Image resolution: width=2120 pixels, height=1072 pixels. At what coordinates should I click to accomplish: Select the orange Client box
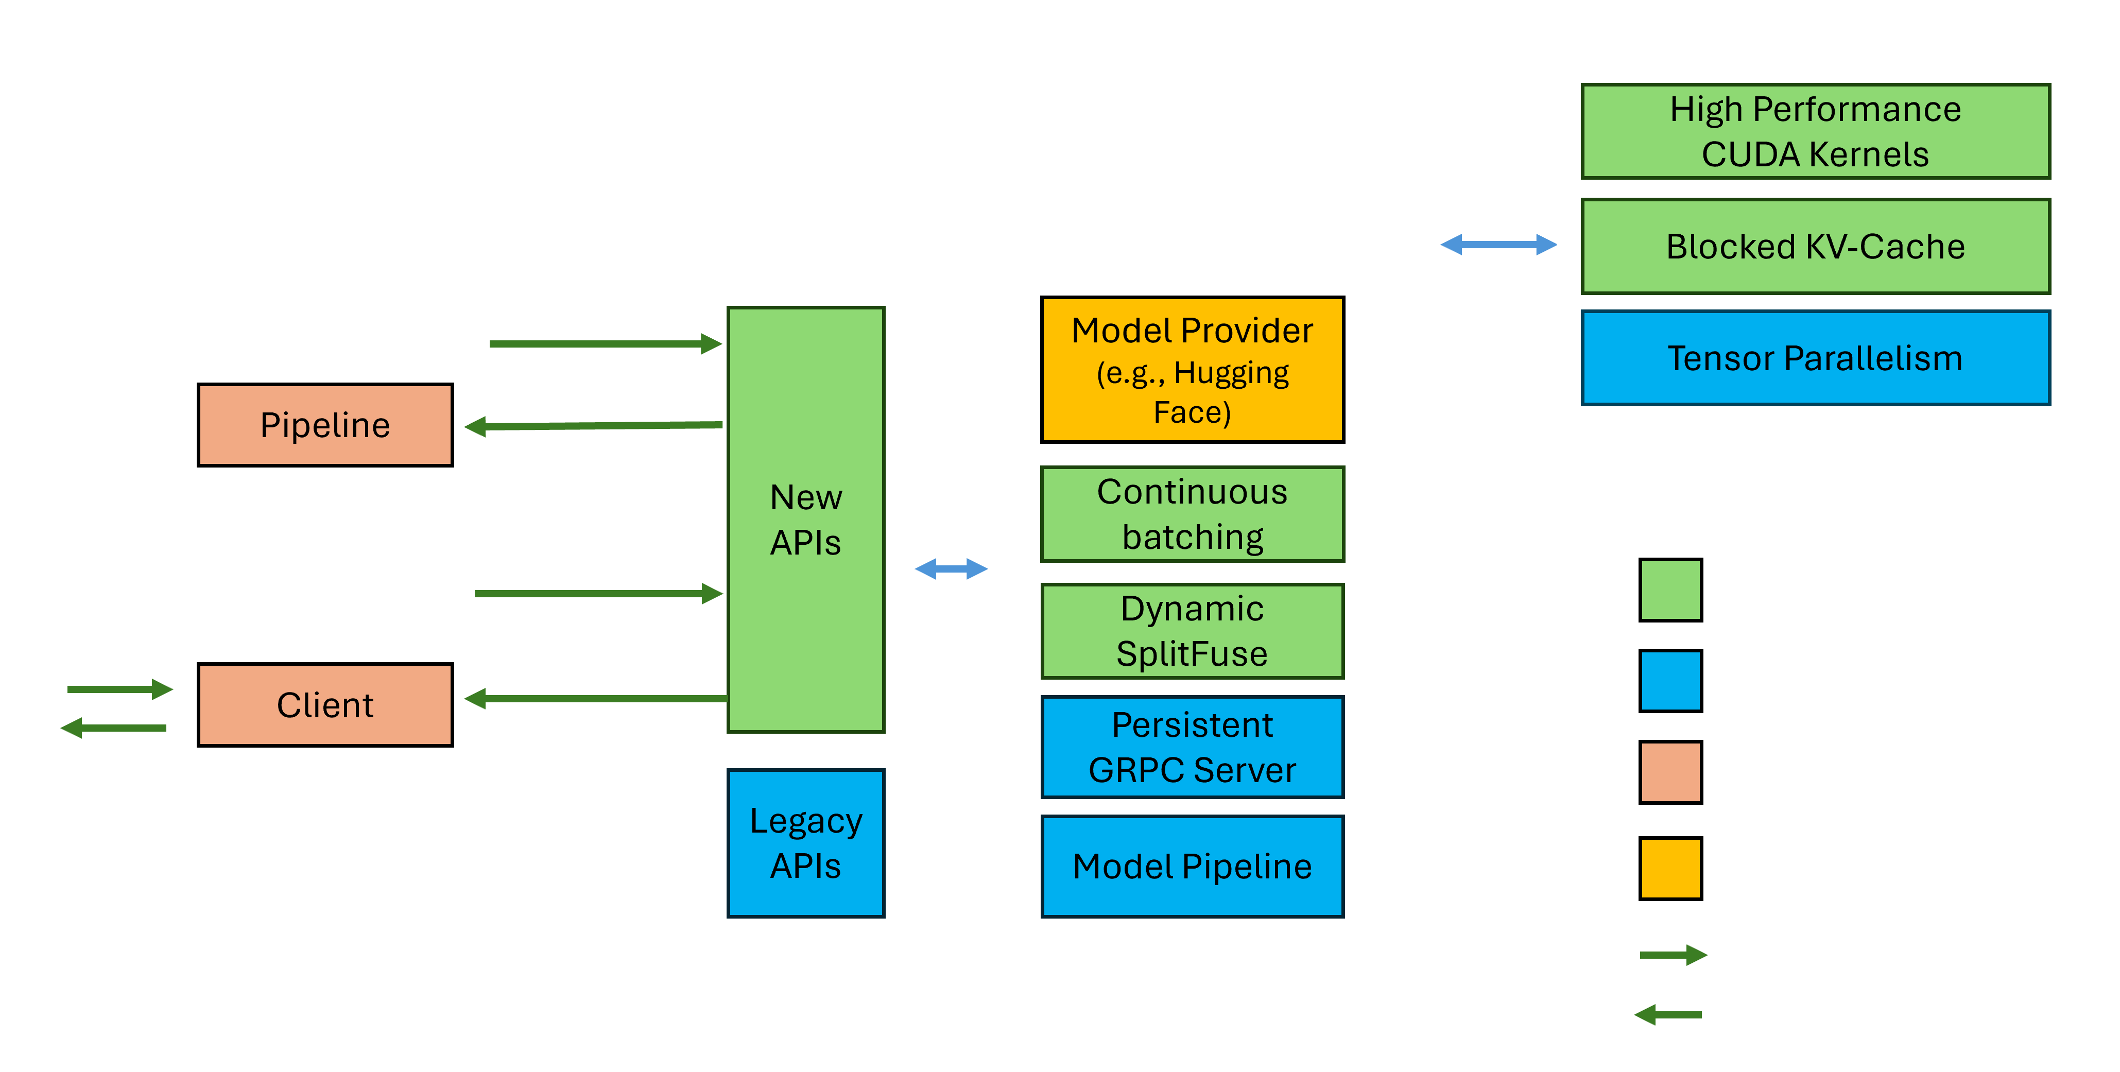[325, 704]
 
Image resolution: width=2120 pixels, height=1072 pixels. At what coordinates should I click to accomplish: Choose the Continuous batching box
[1192, 514]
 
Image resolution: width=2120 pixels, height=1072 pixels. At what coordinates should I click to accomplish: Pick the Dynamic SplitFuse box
[1192, 631]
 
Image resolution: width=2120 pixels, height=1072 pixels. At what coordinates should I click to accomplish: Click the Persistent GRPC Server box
[1192, 747]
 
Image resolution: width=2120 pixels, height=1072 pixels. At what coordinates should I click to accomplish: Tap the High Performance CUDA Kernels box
[1815, 132]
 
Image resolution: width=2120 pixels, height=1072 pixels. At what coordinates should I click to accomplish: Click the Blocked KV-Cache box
[1815, 246]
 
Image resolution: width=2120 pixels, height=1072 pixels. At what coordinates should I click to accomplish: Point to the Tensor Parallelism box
[1815, 358]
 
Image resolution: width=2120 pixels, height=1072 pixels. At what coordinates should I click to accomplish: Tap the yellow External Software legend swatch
[1670, 868]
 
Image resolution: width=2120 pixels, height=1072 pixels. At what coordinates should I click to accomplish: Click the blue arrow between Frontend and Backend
[952, 568]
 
